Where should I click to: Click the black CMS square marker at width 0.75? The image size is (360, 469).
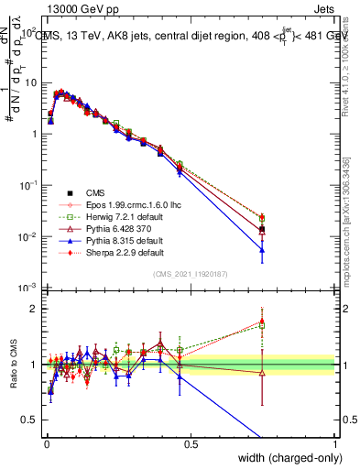point(262,229)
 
